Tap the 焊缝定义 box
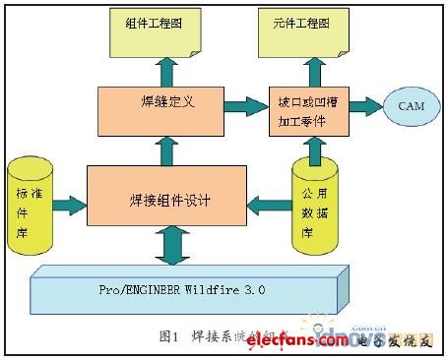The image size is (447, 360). click(163, 111)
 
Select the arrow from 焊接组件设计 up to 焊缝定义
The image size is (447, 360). click(164, 150)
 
